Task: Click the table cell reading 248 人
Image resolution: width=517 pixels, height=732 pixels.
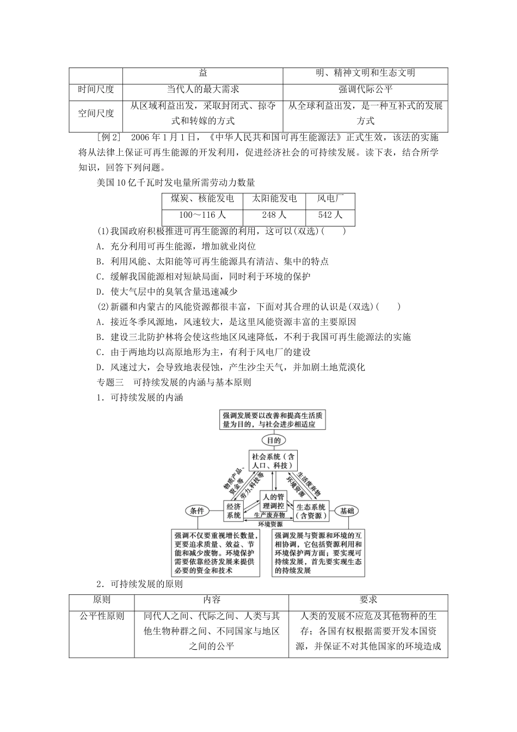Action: [274, 215]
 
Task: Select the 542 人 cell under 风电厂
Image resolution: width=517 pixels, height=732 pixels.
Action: [330, 215]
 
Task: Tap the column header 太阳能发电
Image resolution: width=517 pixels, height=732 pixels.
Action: [274, 198]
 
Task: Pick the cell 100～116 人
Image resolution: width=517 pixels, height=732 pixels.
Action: [202, 215]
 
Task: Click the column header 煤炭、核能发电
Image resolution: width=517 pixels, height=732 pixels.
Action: [202, 198]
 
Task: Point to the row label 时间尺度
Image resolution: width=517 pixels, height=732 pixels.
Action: [96, 89]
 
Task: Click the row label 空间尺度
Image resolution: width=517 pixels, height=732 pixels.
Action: [96, 113]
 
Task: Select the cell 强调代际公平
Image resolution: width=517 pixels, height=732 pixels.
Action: [365, 89]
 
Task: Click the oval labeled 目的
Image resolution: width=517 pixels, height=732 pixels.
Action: [273, 440]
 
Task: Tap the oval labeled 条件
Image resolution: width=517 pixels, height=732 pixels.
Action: [197, 510]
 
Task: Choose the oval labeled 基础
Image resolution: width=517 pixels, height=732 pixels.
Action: [347, 510]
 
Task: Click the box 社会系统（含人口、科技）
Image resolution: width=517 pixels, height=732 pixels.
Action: [273, 461]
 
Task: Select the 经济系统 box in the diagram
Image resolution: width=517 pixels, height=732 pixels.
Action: [234, 510]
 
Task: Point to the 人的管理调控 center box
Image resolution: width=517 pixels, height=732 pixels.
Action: [273, 501]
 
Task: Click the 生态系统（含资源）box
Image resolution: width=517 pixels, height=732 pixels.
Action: [312, 510]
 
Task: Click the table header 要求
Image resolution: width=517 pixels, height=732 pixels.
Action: [368, 599]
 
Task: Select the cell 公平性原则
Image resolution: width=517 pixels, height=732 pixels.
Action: [102, 616]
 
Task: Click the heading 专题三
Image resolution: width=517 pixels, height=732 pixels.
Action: [110, 382]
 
